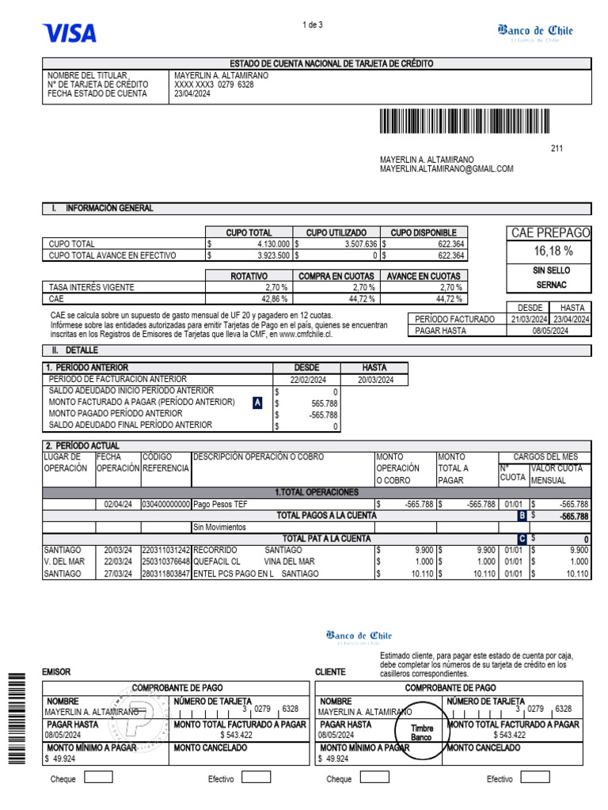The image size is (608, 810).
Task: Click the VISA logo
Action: click(70, 32)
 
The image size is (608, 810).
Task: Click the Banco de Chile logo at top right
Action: click(535, 32)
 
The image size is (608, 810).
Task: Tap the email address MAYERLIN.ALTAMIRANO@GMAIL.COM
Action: click(446, 168)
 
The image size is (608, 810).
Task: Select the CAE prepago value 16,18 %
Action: click(551, 251)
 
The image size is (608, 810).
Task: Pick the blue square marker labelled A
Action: click(257, 403)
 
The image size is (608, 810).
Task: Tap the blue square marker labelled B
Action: click(522, 516)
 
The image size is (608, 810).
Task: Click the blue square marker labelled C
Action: click(522, 539)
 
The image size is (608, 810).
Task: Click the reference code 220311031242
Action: click(165, 550)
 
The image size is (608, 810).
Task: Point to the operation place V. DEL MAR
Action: click(64, 562)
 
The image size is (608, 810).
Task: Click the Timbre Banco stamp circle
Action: click(420, 732)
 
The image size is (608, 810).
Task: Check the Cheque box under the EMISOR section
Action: click(98, 778)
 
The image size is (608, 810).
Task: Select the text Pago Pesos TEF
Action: click(220, 504)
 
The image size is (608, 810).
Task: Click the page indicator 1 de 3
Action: click(313, 25)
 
